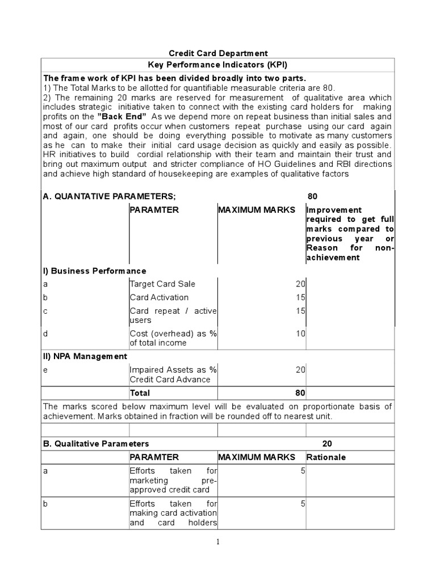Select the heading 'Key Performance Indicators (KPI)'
tap(218, 65)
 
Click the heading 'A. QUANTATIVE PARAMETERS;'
tap(110, 196)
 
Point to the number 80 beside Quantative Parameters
tap(312, 196)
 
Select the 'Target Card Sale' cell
tap(162, 284)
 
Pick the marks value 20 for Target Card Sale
tap(300, 284)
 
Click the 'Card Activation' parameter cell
tap(159, 297)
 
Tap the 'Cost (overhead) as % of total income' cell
tap(173, 338)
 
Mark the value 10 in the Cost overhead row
tap(300, 334)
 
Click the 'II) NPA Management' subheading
tap(85, 356)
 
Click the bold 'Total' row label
tap(140, 393)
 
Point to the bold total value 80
tap(300, 393)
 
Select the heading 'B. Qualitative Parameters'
tap(96, 443)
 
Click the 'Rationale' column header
tap(326, 457)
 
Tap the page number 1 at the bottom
tap(218, 542)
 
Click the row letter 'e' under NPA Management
tap(45, 370)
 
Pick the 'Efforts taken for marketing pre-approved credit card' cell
tap(173, 480)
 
